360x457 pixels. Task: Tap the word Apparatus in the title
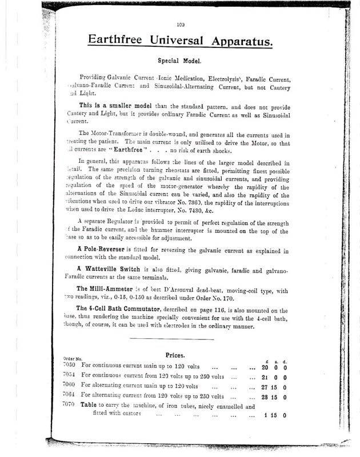pyautogui.click(x=241, y=41)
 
